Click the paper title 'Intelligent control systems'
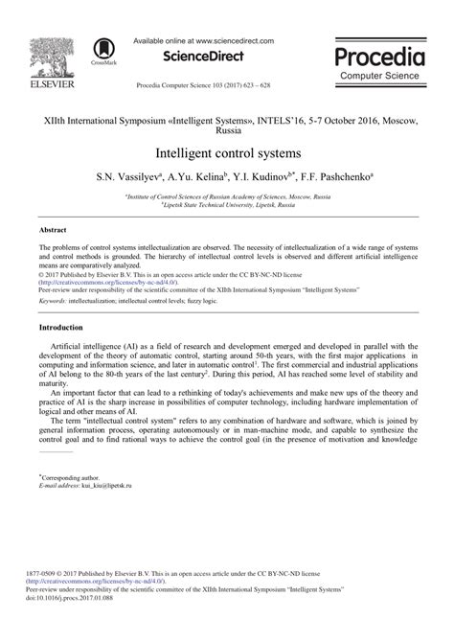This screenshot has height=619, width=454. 227,152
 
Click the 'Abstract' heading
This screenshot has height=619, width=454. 54,231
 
